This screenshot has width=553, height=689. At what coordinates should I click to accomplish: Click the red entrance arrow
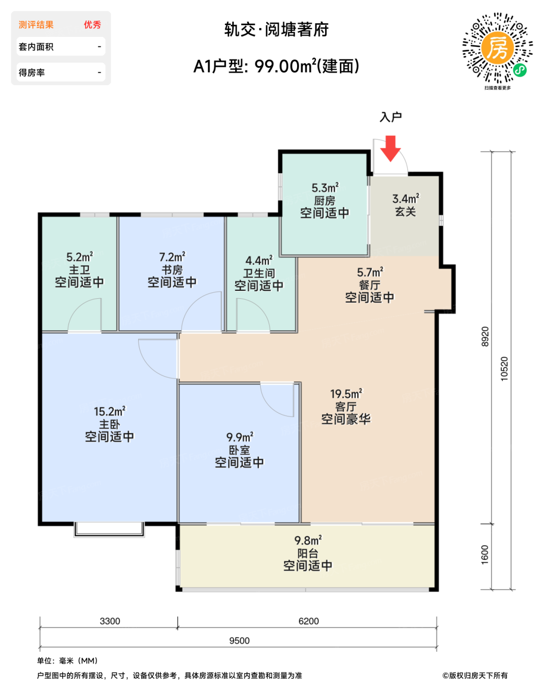pos(391,148)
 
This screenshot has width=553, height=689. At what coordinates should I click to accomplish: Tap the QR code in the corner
pos(497,48)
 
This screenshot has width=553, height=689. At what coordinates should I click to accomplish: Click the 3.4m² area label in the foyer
pos(405,198)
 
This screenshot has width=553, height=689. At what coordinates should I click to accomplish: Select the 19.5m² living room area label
pos(346,394)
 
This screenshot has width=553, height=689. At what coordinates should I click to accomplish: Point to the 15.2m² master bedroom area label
pos(110,411)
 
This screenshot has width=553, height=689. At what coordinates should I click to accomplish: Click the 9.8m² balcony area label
pos(308,540)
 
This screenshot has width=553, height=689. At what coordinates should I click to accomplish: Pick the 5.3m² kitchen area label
pos(325,188)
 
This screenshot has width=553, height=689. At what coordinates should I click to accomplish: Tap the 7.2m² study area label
pos(172,257)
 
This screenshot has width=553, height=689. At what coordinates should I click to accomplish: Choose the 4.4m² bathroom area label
pos(259,260)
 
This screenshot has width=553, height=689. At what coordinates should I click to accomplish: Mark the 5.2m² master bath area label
pos(79,257)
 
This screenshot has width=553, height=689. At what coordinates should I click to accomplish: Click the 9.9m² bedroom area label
pos(240,437)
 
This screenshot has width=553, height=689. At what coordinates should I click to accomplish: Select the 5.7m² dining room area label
pos(370,272)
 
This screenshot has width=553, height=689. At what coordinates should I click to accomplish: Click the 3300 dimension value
pos(110,621)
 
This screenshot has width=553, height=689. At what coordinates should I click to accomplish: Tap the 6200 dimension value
pos(308,621)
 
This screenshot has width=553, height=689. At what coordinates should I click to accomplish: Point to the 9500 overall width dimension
pos(240,641)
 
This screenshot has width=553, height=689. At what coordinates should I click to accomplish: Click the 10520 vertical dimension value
pos(504,369)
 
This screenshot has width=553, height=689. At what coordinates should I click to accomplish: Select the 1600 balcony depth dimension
pos(485,555)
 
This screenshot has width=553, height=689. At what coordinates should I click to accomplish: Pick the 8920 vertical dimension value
pos(485,337)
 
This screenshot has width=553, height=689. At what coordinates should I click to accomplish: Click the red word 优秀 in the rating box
pos(92,25)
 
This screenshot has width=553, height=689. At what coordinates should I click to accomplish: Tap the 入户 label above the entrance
pos(391,117)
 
